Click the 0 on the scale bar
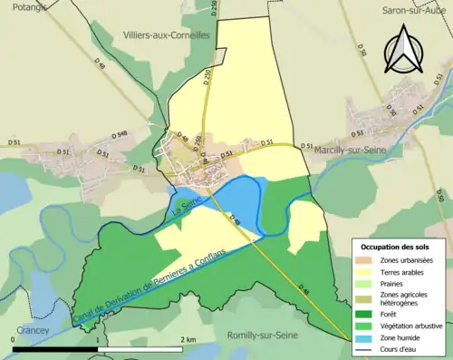[x=13, y=339]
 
